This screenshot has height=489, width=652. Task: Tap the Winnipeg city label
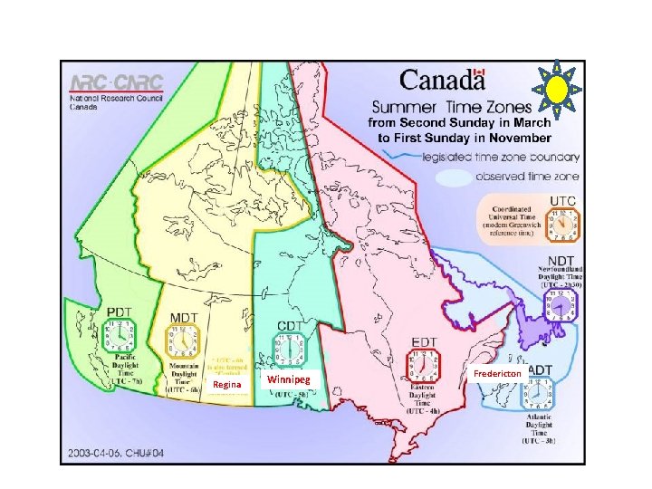pos(289,379)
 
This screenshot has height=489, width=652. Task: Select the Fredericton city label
pos(497,373)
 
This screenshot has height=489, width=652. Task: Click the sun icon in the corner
pos(556,88)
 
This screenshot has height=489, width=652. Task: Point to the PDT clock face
pos(120,334)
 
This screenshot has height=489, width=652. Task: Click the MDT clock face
pos(182,343)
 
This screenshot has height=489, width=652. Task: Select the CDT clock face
pos(290,349)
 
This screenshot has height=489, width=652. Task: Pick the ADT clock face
pos(538,395)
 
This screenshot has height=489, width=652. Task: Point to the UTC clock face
pos(564,223)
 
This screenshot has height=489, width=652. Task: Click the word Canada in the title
pos(436,81)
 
